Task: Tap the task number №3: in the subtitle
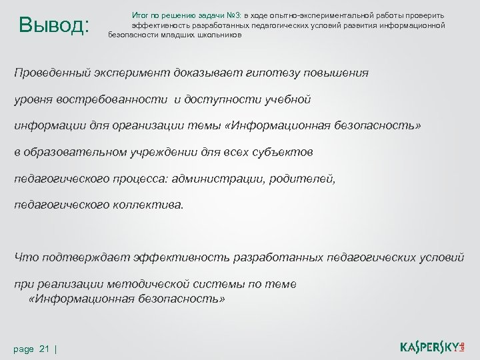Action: (236, 15)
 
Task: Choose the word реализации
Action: (63, 284)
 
